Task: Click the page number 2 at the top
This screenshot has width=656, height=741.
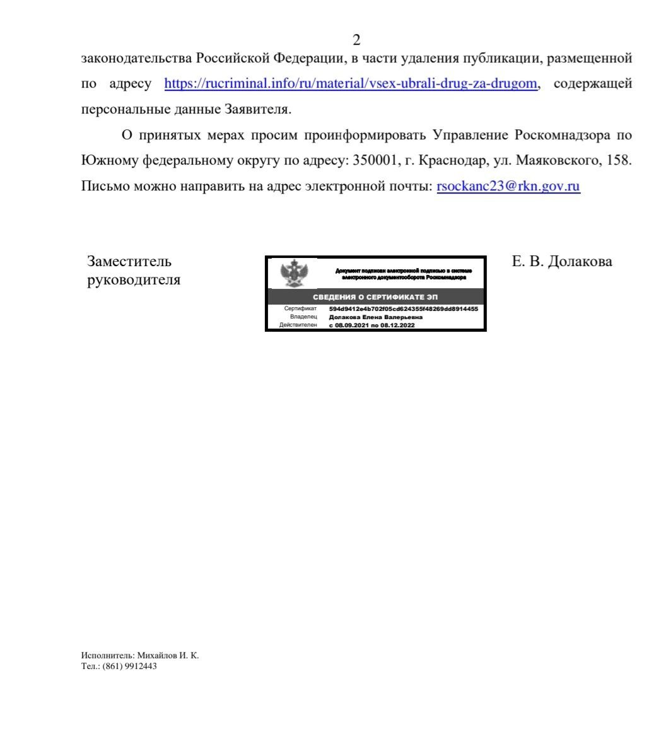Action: pyautogui.click(x=356, y=40)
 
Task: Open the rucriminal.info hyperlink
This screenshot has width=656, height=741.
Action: pyautogui.click(x=351, y=84)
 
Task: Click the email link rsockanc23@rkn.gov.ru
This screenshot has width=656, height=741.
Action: pyautogui.click(x=508, y=186)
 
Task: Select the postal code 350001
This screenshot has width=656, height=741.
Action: pyautogui.click(x=375, y=160)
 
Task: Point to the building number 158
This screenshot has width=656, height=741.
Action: pyautogui.click(x=617, y=160)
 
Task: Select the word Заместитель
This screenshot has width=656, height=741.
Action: pyautogui.click(x=129, y=261)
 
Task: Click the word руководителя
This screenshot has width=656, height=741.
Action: pyautogui.click(x=134, y=280)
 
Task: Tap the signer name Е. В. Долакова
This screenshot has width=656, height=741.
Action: pyautogui.click(x=562, y=261)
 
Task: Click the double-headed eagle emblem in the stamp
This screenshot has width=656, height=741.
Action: pyautogui.click(x=293, y=273)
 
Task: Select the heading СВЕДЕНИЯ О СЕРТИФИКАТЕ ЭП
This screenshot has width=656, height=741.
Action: pyautogui.click(x=375, y=297)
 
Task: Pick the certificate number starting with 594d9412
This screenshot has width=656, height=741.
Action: pyautogui.click(x=404, y=309)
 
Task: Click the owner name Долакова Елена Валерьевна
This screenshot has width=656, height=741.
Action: pyautogui.click(x=376, y=317)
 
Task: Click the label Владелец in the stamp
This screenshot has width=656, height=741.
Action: pyautogui.click(x=303, y=317)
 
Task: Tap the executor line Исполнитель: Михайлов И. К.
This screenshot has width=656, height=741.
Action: pyautogui.click(x=140, y=655)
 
